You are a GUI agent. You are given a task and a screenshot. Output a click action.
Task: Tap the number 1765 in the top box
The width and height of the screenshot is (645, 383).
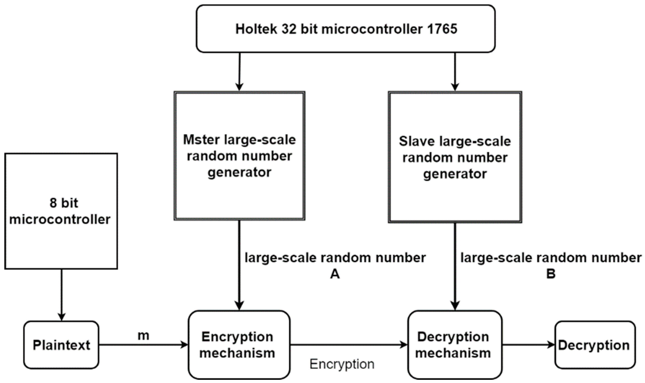(442, 29)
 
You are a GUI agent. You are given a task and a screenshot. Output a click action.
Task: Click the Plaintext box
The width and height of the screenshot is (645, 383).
(61, 345)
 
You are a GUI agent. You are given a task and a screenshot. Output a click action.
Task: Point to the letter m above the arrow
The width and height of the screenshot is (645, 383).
(143, 335)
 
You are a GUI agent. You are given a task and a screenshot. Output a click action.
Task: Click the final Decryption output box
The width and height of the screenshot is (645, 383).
(595, 345)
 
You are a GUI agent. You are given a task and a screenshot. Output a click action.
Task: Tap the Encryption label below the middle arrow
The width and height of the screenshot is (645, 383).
(342, 364)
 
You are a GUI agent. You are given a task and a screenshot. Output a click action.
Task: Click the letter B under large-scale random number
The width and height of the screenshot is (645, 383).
(551, 274)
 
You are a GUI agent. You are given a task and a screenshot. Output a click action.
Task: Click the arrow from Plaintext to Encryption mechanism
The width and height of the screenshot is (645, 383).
(143, 345)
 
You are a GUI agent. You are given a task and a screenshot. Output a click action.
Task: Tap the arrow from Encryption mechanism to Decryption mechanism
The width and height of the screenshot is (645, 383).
(348, 345)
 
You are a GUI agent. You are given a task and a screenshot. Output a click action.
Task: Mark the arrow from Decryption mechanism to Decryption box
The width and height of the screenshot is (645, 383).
(528, 345)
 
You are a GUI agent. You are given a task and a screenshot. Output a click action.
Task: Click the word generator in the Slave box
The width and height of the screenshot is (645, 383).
(455, 174)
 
